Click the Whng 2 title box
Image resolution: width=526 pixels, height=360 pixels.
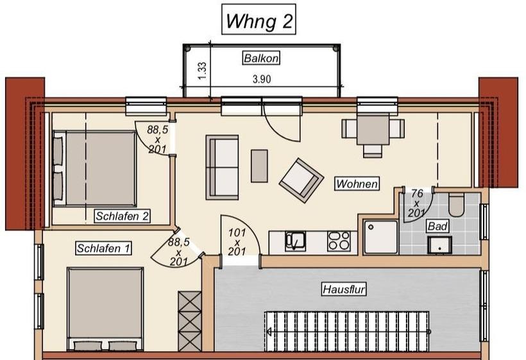click(259, 19)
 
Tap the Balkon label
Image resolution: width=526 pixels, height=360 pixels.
click(261, 58)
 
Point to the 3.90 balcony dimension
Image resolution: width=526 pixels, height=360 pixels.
click(262, 80)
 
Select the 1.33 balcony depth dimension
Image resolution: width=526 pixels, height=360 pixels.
click(202, 71)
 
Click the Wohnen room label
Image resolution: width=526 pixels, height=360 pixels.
click(357, 184)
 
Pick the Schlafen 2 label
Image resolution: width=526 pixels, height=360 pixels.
click(122, 216)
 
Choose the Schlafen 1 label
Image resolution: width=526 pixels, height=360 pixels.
click(103, 248)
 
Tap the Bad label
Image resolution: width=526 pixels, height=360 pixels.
click(437, 226)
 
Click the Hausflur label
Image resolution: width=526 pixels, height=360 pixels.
click(344, 289)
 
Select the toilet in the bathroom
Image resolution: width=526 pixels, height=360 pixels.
click(456, 204)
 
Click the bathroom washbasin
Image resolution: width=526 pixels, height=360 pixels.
click(439, 245)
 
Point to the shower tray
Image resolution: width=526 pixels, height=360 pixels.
click(381, 237)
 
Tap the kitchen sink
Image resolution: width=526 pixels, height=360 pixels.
click(295, 241)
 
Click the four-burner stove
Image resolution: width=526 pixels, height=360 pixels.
click(339, 241)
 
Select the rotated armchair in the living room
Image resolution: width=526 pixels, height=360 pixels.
click(301, 180)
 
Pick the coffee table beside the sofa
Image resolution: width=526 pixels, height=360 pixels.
click(259, 166)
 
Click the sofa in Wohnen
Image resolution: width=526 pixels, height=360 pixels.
click(222, 167)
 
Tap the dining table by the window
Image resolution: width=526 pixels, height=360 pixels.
click(373, 129)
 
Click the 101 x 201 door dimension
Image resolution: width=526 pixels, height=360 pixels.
click(237, 242)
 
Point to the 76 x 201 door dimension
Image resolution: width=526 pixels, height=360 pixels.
click(416, 203)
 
